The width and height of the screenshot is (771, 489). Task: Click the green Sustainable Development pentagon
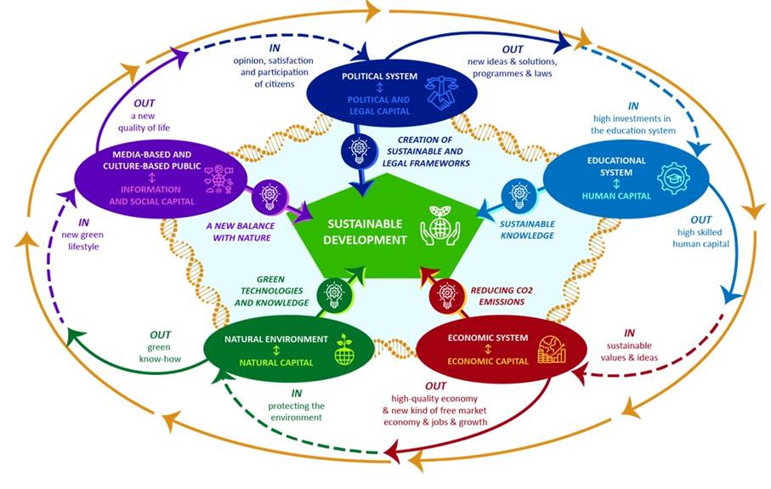pos(374,230)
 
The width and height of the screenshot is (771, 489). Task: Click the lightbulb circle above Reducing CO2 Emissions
pos(445,294)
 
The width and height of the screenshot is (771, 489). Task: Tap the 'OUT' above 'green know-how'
pos(160,334)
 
